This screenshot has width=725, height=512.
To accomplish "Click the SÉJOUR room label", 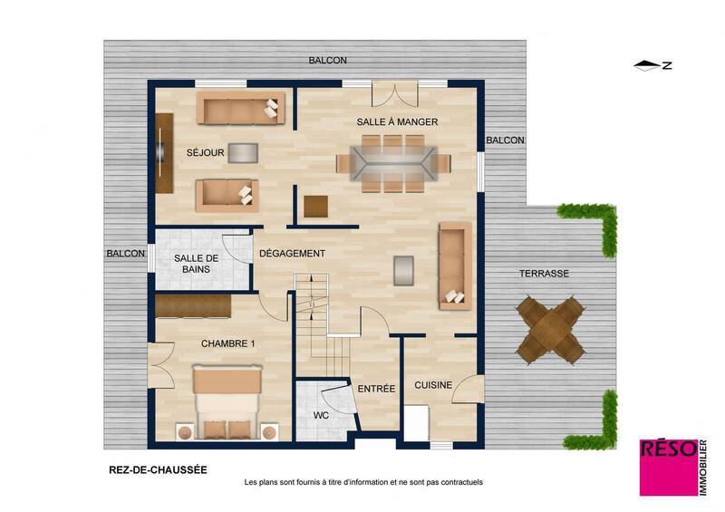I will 205,153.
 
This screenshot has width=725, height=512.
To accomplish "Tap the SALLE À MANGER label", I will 397,121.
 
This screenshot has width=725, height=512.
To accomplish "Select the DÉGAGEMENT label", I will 292,254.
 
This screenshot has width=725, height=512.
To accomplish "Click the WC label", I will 321,415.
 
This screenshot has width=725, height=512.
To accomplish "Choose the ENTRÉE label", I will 376,389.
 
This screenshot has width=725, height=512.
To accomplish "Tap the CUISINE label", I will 433,385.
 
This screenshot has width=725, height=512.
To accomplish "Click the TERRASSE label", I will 544,274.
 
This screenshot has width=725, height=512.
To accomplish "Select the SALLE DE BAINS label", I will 192,263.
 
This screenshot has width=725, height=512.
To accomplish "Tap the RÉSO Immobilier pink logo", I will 670,467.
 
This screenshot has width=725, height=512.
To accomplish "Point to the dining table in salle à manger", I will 393,164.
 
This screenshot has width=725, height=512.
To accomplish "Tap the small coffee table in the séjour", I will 242,153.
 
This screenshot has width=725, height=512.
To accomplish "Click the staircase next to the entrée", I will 319,326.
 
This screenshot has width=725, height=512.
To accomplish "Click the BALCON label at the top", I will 327,61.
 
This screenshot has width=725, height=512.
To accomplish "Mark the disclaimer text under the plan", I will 363,483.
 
